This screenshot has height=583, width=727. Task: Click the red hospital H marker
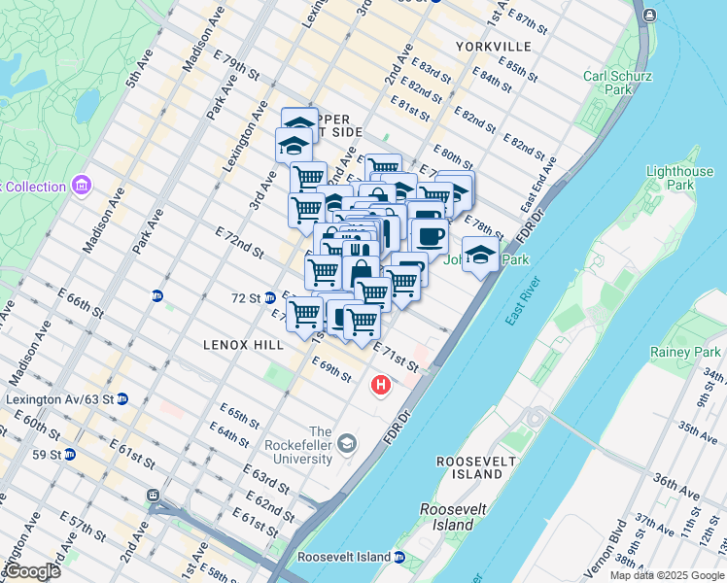(381, 387)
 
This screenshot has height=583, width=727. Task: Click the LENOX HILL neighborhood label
(243, 345)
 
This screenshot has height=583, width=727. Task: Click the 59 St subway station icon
(70, 454)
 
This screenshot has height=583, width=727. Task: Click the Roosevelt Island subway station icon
(398, 558)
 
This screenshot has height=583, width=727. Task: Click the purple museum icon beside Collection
(81, 186)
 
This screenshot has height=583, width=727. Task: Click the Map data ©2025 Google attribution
(666, 575)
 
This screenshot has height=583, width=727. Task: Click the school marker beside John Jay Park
(479, 255)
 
